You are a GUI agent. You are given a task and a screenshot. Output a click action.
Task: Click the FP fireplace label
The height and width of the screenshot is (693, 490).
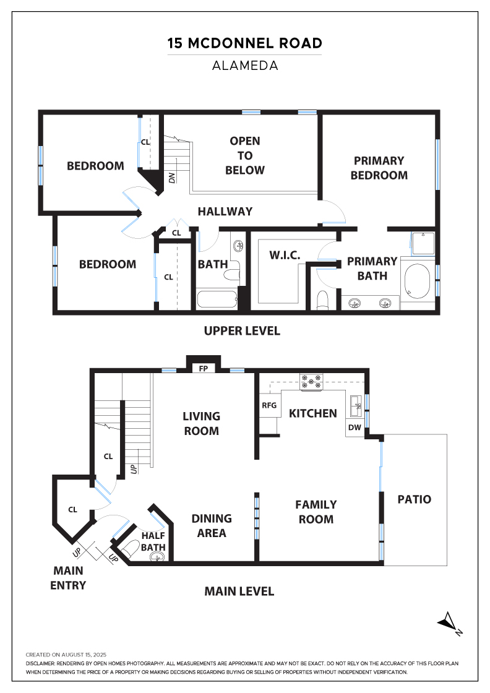[x=204, y=368]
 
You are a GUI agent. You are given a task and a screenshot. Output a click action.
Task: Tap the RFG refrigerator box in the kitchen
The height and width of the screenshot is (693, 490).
[x=270, y=405]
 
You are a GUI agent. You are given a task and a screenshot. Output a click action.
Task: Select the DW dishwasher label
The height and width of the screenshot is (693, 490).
[x=355, y=428]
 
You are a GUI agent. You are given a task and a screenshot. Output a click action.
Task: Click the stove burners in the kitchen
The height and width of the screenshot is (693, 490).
[x=311, y=382]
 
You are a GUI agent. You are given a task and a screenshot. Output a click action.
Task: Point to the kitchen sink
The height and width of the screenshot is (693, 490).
[x=356, y=406]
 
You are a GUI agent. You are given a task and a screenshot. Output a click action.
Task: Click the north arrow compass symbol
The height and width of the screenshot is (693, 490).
[x=450, y=623]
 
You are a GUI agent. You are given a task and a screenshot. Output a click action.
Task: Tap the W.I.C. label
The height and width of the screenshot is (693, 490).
[x=285, y=255]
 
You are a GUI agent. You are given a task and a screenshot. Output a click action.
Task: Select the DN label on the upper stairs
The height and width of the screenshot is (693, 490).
[x=172, y=178]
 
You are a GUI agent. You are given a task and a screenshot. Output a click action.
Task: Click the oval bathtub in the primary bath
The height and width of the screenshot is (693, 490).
[x=417, y=281]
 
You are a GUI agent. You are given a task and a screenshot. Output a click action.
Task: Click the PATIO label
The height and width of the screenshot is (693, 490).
[x=414, y=499]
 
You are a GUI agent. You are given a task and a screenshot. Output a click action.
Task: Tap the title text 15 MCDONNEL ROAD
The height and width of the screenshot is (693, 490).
[x=245, y=43]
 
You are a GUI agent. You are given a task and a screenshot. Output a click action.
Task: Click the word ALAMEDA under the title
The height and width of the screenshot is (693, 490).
[x=245, y=66]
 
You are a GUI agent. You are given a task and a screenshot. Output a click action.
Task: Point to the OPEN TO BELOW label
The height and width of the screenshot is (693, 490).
[x=245, y=155]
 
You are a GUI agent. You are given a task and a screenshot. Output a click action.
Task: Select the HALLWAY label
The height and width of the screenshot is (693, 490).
[x=225, y=211]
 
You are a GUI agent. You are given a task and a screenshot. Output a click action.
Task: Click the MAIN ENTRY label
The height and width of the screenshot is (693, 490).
[x=68, y=578]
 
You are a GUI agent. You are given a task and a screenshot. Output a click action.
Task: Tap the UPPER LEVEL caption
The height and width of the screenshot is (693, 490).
[x=242, y=330]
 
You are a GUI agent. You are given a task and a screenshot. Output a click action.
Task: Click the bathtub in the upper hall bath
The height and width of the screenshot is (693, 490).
[x=217, y=299]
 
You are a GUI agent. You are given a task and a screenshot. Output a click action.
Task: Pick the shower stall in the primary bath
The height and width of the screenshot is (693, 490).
[x=423, y=244]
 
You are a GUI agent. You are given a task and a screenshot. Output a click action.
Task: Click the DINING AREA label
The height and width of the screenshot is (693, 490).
[x=212, y=526]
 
